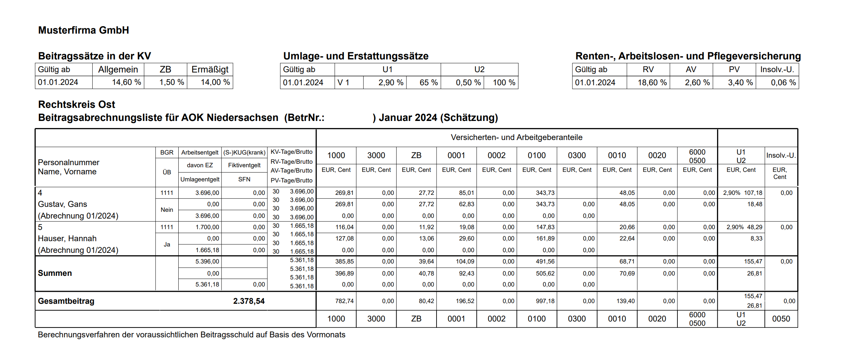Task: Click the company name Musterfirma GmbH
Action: [x=83, y=30]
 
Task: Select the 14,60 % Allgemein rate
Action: [x=126, y=82]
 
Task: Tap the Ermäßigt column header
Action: [x=210, y=70]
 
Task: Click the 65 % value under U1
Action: [x=428, y=83]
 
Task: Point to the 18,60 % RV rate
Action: [x=652, y=83]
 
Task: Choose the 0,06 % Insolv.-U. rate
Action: [x=783, y=83]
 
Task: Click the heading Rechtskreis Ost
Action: [x=76, y=105]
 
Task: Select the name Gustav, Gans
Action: [x=62, y=204]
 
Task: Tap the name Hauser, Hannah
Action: [x=67, y=239]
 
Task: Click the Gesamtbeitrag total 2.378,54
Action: [x=249, y=301]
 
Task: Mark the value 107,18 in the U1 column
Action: [x=753, y=193]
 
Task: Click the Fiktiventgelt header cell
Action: [x=244, y=166]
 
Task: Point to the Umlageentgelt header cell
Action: [x=200, y=180]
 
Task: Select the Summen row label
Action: [x=55, y=273]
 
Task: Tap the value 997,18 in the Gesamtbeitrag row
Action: [x=545, y=301]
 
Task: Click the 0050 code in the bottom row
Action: [x=781, y=319]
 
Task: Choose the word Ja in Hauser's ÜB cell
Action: [x=167, y=245]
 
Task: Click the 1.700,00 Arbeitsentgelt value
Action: [x=207, y=227]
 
